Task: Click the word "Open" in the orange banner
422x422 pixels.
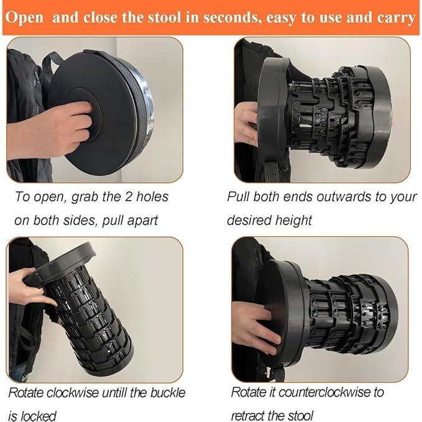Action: [24, 18]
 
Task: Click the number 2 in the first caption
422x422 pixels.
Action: [129, 196]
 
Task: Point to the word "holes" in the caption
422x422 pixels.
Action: [152, 196]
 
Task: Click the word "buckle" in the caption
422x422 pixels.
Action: [168, 393]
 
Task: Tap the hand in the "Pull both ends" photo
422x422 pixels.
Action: [246, 123]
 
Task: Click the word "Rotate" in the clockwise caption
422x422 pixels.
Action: [25, 393]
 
